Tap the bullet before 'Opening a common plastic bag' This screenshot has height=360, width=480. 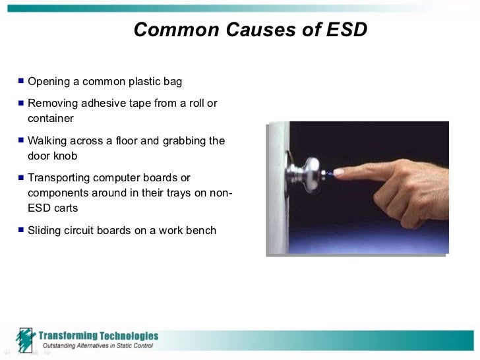click(x=21, y=82)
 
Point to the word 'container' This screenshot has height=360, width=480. click(x=51, y=119)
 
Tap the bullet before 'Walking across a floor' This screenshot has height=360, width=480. click(x=21, y=141)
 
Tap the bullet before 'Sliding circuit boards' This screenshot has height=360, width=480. click(x=21, y=231)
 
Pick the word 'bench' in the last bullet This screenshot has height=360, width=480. click(x=200, y=231)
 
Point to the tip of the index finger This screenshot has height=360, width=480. click(x=338, y=173)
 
